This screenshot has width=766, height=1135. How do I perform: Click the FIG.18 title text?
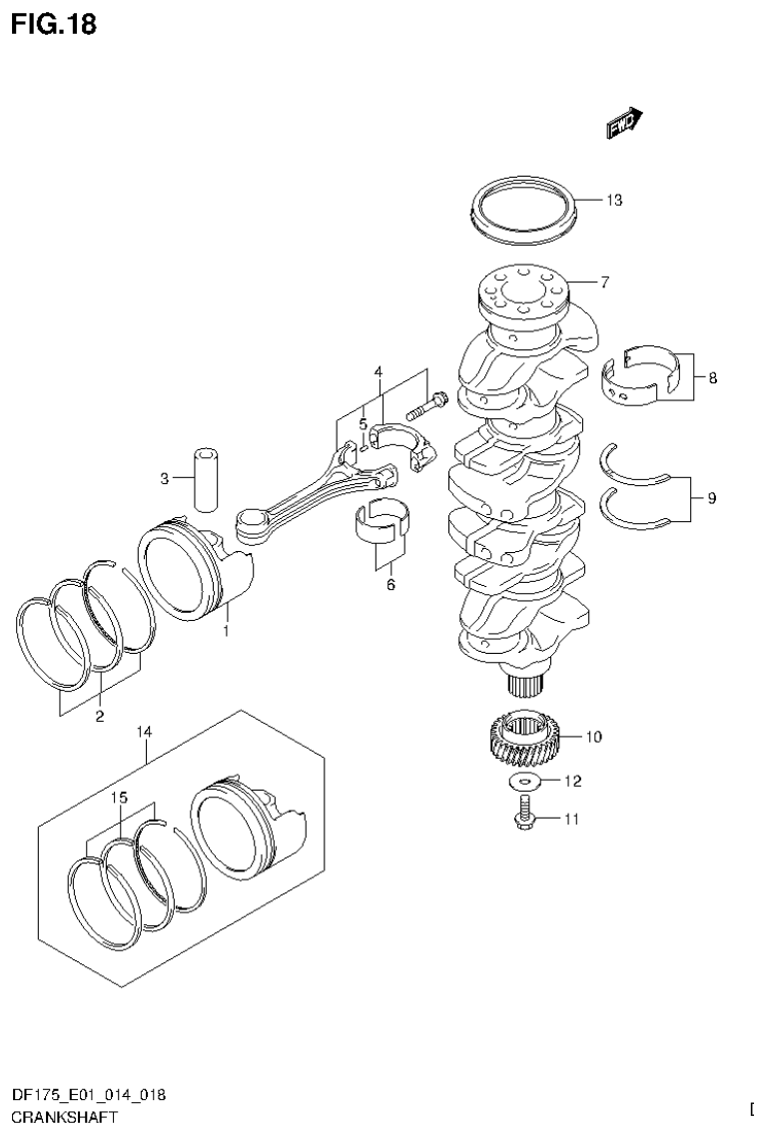point(54,24)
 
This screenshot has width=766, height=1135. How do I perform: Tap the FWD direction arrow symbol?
point(623,122)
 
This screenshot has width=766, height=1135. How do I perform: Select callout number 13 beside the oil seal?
point(613,201)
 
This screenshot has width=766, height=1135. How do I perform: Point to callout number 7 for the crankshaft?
point(604,283)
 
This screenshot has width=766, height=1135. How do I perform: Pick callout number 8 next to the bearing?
point(712,378)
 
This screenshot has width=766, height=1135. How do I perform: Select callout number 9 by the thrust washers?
point(711,497)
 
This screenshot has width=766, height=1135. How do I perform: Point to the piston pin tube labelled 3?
point(206,480)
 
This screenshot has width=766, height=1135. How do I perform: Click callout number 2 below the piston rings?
point(100,715)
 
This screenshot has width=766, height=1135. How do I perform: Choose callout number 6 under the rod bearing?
point(390,584)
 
